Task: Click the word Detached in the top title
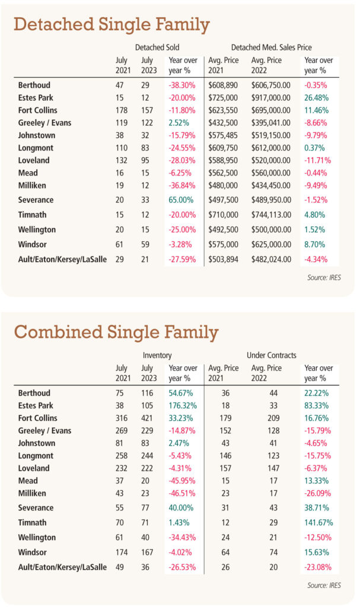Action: [x=53, y=24]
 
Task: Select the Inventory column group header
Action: [x=157, y=356]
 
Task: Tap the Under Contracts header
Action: [x=271, y=356]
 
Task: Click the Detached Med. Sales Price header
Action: [x=271, y=47]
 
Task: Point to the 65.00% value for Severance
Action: [x=181, y=200]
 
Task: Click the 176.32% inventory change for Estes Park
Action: [x=183, y=405]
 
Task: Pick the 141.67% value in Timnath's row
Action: [x=318, y=523]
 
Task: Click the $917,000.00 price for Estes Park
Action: [x=270, y=98]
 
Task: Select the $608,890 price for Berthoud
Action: [x=223, y=85]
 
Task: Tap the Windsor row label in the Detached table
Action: [x=32, y=245]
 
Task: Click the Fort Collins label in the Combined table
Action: [x=37, y=418]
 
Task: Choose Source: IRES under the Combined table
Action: [x=324, y=585]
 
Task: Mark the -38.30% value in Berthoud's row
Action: [x=181, y=85]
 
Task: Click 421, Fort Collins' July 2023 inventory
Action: [x=147, y=418]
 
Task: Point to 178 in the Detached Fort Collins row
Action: [x=122, y=110]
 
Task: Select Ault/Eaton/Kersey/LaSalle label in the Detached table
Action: [x=62, y=260]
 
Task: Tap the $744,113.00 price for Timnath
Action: [x=271, y=215]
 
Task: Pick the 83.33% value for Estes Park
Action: [x=316, y=405]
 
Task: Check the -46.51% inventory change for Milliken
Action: [x=181, y=494]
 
